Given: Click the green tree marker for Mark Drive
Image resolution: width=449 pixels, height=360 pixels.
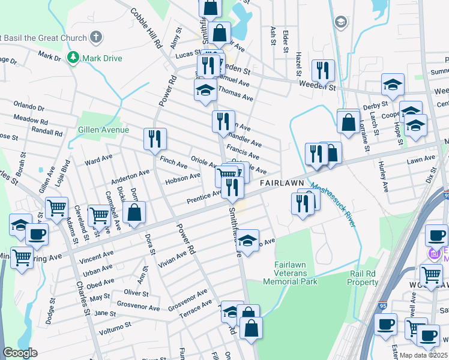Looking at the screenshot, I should click(x=73, y=58).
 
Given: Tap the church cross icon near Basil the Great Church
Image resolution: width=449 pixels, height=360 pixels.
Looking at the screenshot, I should click(x=95, y=38).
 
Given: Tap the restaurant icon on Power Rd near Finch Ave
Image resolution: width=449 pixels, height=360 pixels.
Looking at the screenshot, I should click(x=155, y=139).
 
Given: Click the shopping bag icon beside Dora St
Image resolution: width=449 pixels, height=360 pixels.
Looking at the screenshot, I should click(x=134, y=212).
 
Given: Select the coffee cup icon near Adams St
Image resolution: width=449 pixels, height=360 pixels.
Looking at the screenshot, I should click(x=36, y=233).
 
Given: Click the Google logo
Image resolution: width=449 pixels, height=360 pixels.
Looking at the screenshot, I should click(x=20, y=353).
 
